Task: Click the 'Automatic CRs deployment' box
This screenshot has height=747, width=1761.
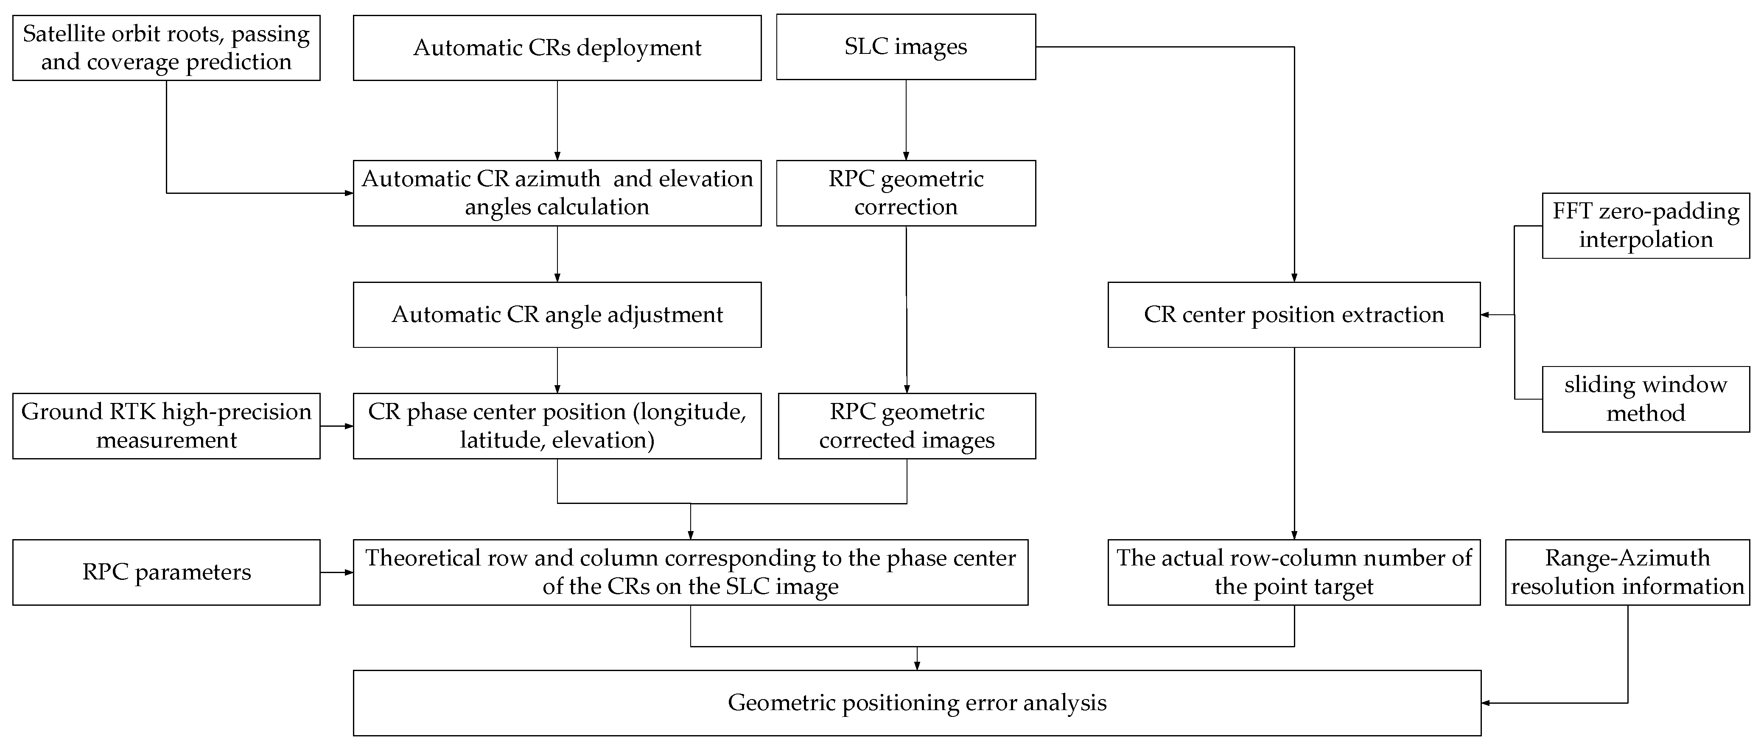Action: [557, 48]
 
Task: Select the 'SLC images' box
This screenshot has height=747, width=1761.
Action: [906, 47]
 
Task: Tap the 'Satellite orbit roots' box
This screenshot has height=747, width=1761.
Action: [166, 48]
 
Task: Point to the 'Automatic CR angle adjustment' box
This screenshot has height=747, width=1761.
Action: [557, 314]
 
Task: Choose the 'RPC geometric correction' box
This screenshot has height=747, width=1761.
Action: [906, 193]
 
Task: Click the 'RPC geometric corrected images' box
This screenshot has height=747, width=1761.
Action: [907, 426]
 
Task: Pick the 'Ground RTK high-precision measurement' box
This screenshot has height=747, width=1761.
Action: [166, 426]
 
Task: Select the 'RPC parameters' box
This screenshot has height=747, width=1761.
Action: [166, 572]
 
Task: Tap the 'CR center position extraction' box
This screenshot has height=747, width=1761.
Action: [1293, 314]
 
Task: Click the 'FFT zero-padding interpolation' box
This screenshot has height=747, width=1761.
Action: [1646, 226]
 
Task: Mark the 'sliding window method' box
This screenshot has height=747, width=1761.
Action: [1646, 399]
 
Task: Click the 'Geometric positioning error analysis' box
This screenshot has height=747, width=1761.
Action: [917, 702]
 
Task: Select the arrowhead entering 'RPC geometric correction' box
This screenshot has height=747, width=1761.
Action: [906, 157]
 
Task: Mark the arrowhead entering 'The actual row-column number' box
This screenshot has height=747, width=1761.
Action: [1294, 535]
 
